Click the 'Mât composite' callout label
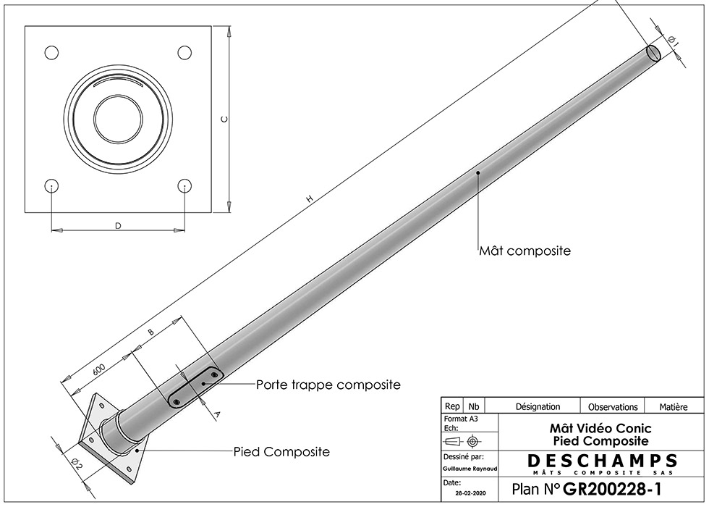(525, 251)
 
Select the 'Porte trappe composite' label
(328, 385)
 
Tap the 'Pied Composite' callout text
(281, 452)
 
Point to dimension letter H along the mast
(310, 198)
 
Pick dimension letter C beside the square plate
(224, 119)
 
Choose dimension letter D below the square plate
(118, 225)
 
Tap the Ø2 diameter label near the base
(76, 464)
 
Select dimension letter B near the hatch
(151, 332)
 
